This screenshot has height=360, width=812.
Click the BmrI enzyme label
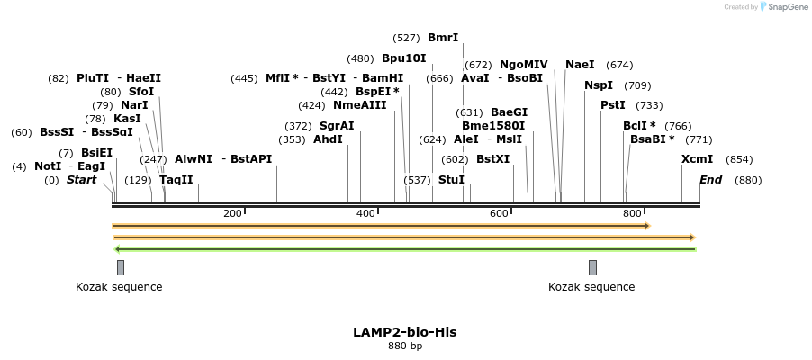(443, 38)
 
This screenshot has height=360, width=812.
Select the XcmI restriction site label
(697, 159)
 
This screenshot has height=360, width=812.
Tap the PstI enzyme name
(613, 105)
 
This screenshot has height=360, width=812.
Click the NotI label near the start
(48, 166)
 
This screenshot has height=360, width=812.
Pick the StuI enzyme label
(451, 180)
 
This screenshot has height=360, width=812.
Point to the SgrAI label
(337, 126)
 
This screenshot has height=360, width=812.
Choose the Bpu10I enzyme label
(404, 58)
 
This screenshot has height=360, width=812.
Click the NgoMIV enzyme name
(523, 65)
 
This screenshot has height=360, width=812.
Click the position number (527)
(407, 38)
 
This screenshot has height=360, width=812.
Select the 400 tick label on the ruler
(365, 213)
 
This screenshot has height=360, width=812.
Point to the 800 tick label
(632, 213)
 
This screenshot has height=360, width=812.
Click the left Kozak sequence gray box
(121, 267)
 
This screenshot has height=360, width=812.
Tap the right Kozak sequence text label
(591, 287)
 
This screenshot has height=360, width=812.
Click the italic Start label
(81, 180)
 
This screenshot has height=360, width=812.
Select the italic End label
(710, 180)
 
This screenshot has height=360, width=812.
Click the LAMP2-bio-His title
(404, 332)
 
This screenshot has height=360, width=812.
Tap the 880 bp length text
(404, 346)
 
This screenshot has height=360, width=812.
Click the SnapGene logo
(783, 7)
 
